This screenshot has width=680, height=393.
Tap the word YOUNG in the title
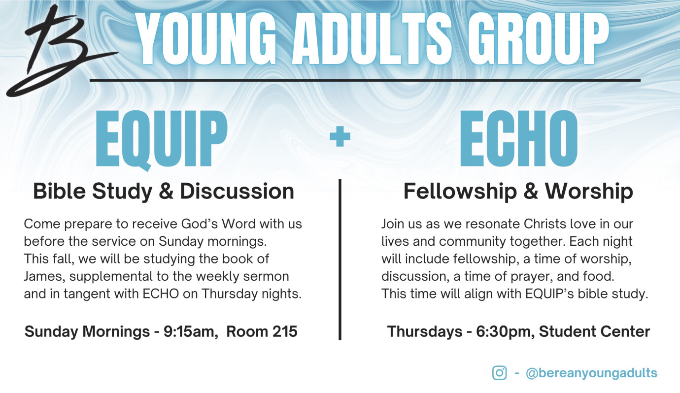[206, 38]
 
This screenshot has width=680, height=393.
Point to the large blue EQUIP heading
[162, 139]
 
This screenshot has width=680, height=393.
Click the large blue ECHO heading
[519, 138]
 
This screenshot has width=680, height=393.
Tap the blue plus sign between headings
[340, 136]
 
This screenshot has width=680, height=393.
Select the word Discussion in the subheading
[237, 192]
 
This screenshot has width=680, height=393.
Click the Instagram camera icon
[499, 373]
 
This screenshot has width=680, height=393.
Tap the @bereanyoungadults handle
[591, 373]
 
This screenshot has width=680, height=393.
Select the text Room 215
[262, 331]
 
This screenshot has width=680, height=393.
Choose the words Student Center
[594, 331]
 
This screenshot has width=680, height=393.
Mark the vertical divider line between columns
[340, 260]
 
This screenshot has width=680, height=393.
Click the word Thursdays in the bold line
[425, 332]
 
